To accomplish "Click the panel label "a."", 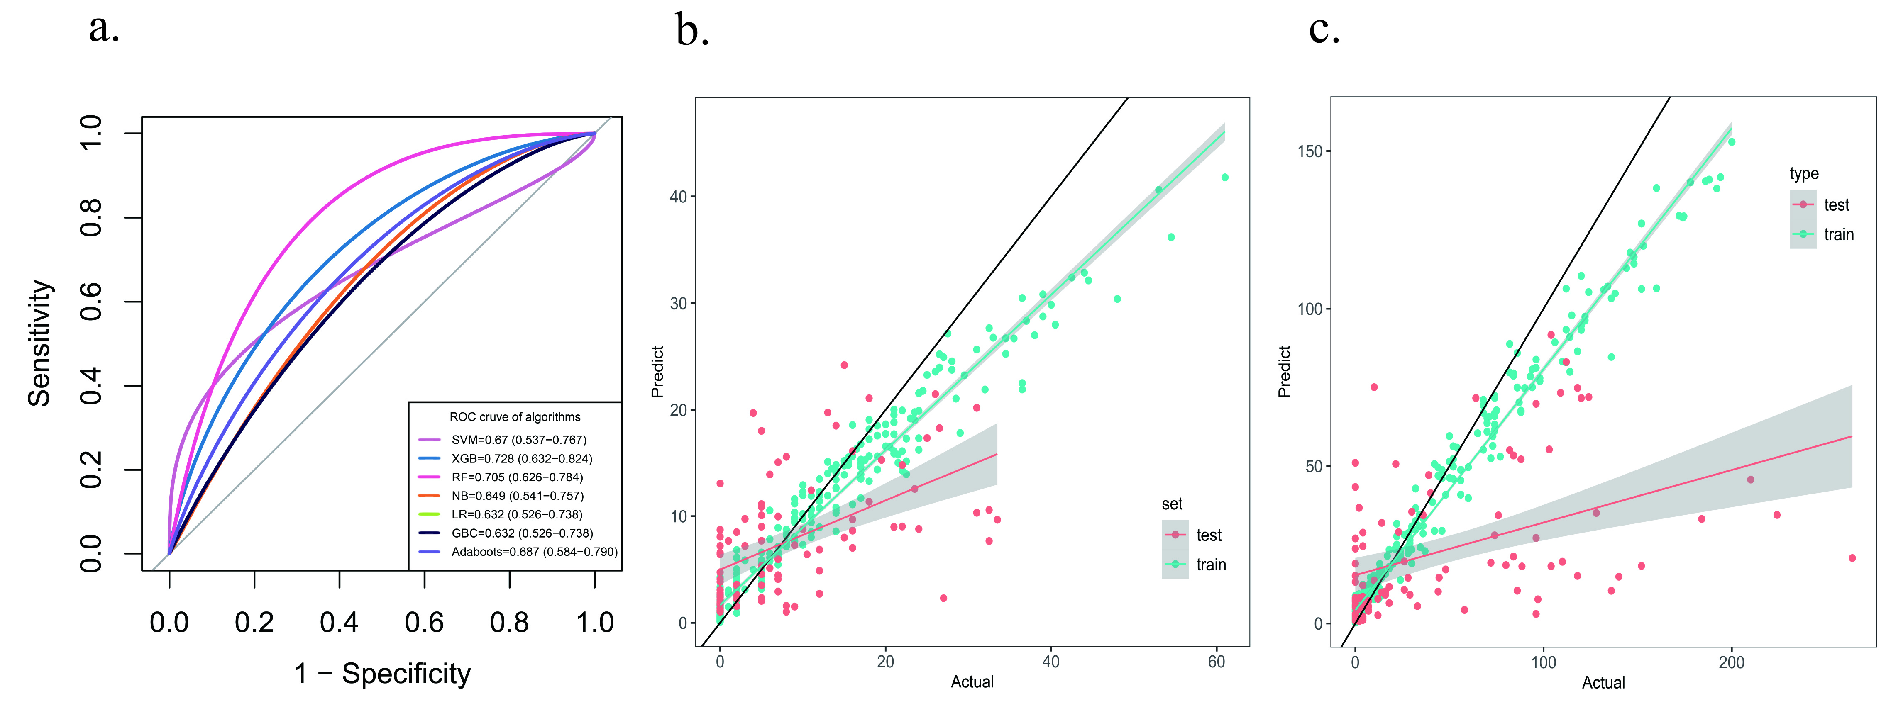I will coord(104,29).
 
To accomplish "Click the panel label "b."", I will coord(692,31).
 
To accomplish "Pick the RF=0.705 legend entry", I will coord(517,477).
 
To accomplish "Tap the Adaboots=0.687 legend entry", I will coord(534,552).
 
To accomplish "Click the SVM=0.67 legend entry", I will coord(518,440).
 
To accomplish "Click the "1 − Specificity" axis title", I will coord(382,673).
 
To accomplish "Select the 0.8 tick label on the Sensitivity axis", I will coord(91,217).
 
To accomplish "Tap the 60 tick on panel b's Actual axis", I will coord(1216,662).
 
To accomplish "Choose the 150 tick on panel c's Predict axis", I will coord(1310,151).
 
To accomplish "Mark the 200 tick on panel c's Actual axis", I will coord(1732,662).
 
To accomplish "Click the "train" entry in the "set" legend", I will coord(1210,564).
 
